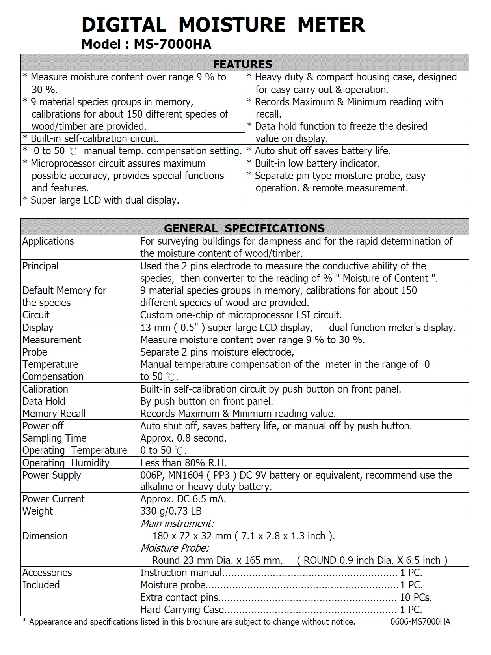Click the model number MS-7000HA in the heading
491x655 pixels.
click(172, 44)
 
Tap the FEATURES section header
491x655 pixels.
click(242, 64)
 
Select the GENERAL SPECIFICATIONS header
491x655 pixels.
click(244, 228)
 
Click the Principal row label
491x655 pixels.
click(40, 266)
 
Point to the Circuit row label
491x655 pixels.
click(36, 315)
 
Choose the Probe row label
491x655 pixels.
click(35, 352)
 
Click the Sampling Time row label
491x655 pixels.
click(54, 438)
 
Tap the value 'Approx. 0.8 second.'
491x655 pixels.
click(183, 438)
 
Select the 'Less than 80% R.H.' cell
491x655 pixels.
click(183, 463)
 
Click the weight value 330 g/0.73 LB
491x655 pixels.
click(171, 511)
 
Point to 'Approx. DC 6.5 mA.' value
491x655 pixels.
click(183, 499)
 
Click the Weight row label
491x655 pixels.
click(37, 511)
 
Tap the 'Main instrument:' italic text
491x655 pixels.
click(177, 524)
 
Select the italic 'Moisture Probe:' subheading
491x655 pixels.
click(175, 548)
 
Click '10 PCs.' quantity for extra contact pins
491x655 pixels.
click(416, 597)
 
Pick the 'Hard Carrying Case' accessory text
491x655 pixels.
click(182, 610)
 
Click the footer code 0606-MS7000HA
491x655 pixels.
click(420, 622)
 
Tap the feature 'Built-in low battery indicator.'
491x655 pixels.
click(317, 163)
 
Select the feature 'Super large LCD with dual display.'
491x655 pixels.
click(105, 200)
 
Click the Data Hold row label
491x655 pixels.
click(44, 401)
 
